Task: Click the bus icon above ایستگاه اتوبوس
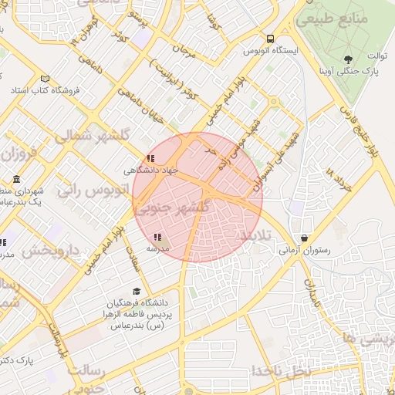(x=270, y=39)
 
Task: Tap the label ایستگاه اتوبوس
(x=265, y=50)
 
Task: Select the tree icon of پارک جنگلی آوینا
(x=349, y=58)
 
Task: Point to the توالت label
(x=376, y=56)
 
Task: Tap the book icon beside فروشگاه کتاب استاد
(x=45, y=79)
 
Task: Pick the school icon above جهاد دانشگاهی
(x=149, y=158)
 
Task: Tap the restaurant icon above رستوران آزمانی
(x=307, y=238)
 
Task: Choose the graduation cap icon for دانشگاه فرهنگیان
(x=137, y=292)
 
